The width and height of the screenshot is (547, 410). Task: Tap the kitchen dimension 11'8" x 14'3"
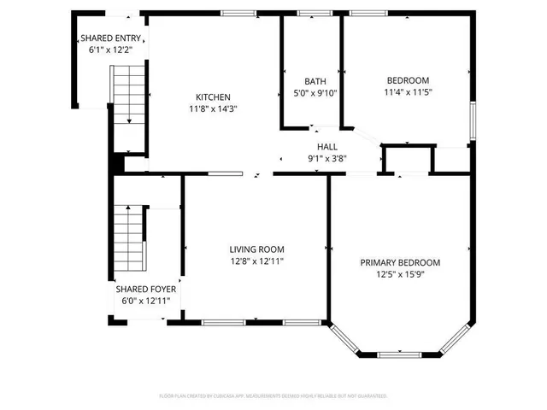(x=213, y=108)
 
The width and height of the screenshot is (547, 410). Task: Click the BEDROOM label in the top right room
(x=407, y=80)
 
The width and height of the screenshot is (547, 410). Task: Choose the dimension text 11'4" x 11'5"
(x=407, y=92)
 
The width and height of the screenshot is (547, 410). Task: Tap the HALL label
(x=326, y=147)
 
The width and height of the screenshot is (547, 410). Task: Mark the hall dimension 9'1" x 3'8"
(x=326, y=158)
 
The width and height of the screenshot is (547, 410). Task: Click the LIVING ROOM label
(x=256, y=249)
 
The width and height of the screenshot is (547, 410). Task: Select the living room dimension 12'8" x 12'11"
(x=256, y=261)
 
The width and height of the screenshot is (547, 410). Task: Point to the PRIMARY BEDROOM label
(x=399, y=262)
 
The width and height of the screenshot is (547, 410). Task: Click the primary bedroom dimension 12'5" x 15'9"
(x=399, y=274)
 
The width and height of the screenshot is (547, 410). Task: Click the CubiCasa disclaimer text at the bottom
(x=273, y=396)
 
